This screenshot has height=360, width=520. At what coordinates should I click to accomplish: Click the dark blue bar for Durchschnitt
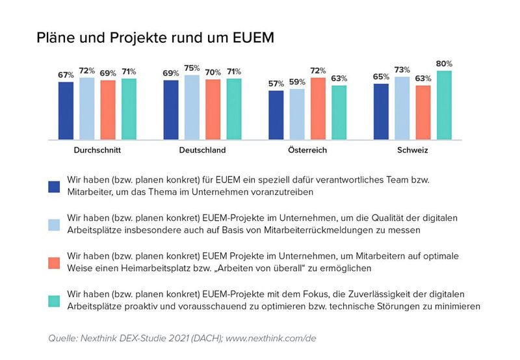(66, 110)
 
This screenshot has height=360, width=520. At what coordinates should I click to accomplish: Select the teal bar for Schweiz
(445, 105)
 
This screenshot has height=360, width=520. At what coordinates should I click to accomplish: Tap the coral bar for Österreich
(318, 108)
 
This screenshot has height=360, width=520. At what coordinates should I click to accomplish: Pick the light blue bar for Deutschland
(192, 107)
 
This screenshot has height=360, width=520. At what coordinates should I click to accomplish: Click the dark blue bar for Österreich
(276, 114)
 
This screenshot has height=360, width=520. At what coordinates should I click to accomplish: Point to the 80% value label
(445, 64)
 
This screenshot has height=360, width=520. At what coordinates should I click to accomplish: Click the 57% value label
(276, 84)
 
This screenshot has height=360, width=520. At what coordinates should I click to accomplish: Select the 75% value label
(192, 68)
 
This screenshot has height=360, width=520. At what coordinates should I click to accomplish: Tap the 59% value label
(297, 82)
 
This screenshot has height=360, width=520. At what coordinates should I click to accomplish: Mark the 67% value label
(66, 75)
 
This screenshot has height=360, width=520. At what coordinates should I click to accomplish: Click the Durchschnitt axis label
(97, 150)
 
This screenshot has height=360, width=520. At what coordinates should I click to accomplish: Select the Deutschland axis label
(202, 150)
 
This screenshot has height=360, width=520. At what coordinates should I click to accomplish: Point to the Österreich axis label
(307, 150)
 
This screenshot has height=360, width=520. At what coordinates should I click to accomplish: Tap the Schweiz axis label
(413, 150)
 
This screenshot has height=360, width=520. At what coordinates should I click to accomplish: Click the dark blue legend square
(55, 186)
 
